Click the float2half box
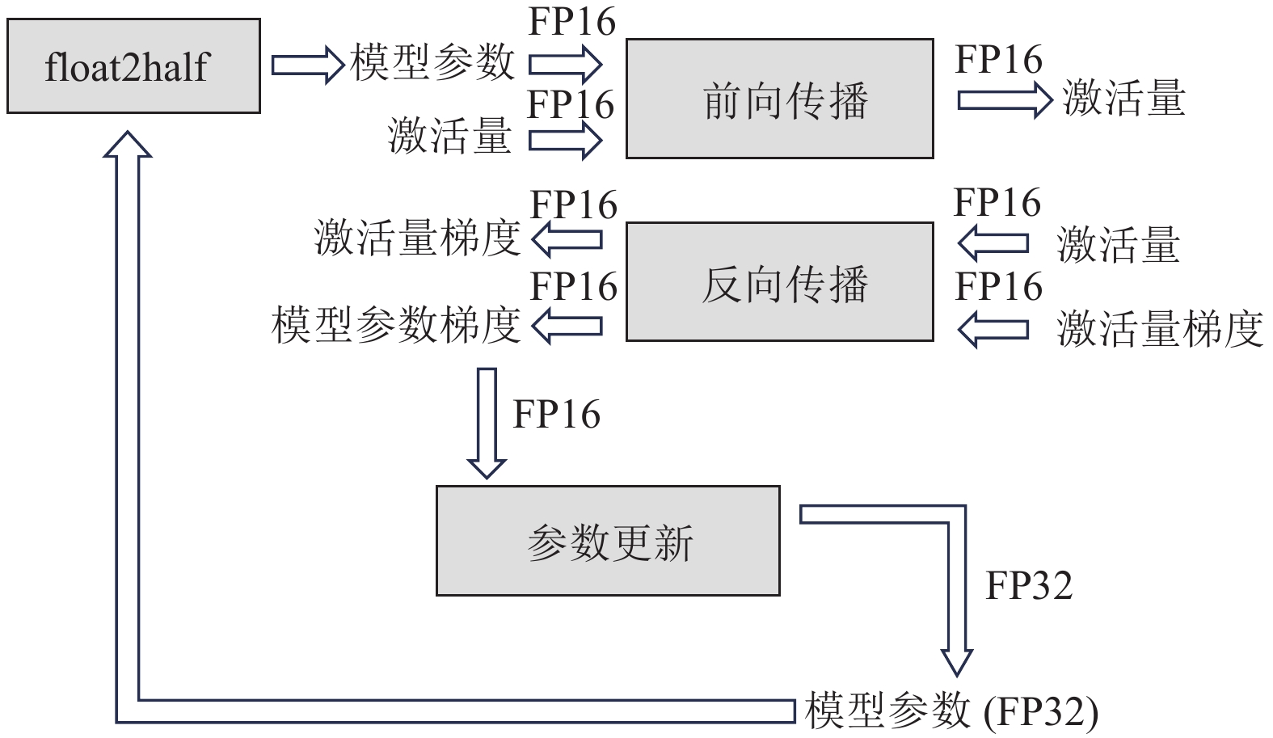(x=133, y=66)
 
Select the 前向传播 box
(x=779, y=99)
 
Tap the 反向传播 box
(x=779, y=282)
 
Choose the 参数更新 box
(x=608, y=541)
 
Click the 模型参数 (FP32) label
(x=951, y=711)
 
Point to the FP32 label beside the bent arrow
(x=1028, y=585)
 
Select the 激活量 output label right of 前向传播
(x=1123, y=99)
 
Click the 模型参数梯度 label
(x=395, y=326)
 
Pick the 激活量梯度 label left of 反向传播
(x=417, y=239)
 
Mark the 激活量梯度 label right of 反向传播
(x=1160, y=330)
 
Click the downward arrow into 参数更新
(x=487, y=423)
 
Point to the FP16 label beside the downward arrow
(x=557, y=415)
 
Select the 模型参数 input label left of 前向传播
(x=432, y=62)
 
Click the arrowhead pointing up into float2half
(x=128, y=143)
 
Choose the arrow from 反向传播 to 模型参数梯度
(x=567, y=326)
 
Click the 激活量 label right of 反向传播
(x=1119, y=245)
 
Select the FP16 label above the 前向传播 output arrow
(x=999, y=60)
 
